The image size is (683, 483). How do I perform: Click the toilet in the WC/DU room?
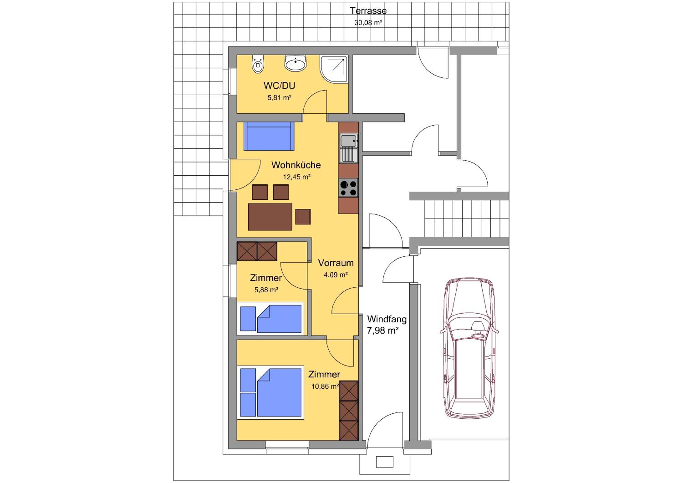258,64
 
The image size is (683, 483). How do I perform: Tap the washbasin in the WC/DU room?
296,63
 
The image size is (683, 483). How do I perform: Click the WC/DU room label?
279,86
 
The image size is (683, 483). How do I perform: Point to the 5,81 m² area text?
279,98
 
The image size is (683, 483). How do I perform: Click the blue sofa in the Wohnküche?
269,136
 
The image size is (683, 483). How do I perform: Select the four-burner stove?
349,188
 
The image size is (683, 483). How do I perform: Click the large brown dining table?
270,217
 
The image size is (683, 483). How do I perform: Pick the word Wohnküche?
296,165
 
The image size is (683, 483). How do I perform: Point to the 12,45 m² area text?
297,177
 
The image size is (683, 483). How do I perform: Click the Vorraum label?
336,263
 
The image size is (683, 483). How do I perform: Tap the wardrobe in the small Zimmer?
257,251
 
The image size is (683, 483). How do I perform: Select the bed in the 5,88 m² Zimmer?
270,319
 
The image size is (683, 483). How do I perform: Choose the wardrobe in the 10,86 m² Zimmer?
349,410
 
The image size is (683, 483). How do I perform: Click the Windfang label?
387,319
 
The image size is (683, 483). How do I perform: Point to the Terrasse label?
368,11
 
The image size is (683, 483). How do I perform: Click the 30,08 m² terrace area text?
368,23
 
